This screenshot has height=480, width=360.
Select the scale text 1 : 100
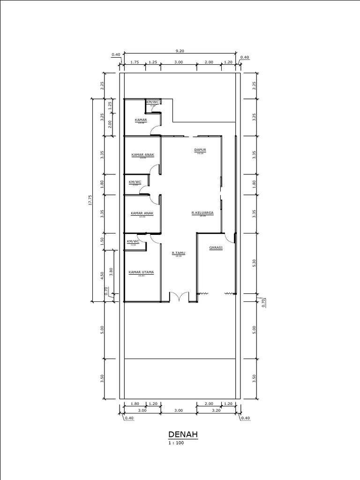pos(177,443)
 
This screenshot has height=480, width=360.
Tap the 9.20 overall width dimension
pos(180,50)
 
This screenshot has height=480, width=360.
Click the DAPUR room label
pos(201,150)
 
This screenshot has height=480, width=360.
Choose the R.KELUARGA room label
pos(202,213)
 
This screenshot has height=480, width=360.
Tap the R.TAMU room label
pos(178,253)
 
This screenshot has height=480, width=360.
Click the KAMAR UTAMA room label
pos(141,272)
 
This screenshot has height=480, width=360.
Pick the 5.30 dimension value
pos(254,263)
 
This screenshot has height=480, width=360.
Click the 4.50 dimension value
pos(102,276)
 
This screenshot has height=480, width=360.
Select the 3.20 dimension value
pos(216,411)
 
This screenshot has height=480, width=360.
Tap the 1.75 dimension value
pos(134,62)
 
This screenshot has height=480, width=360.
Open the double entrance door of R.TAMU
pos(179,297)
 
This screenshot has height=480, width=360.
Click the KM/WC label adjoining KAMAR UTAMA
pos(133,241)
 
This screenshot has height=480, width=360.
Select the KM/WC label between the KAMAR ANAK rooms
pos(135,182)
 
